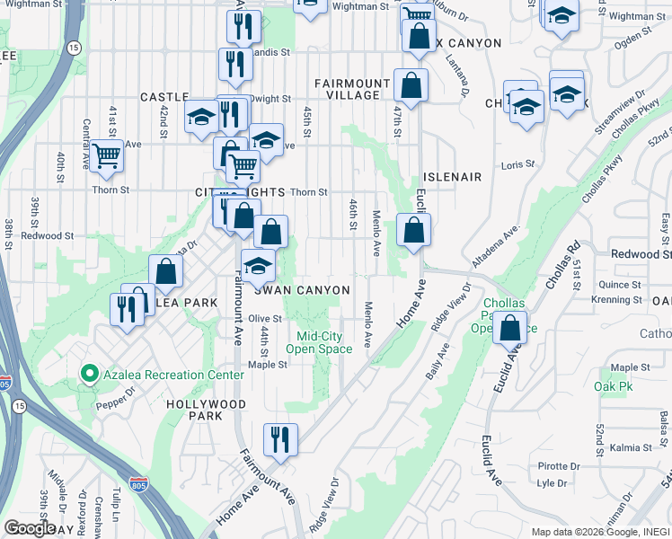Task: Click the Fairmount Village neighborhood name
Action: pos(353,89)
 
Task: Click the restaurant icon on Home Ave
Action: pos(280,439)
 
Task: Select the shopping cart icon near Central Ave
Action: pos(106,155)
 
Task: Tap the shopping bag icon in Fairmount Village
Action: pos(411,86)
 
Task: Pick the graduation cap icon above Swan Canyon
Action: pos(258,266)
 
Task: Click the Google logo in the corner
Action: pos(29,527)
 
